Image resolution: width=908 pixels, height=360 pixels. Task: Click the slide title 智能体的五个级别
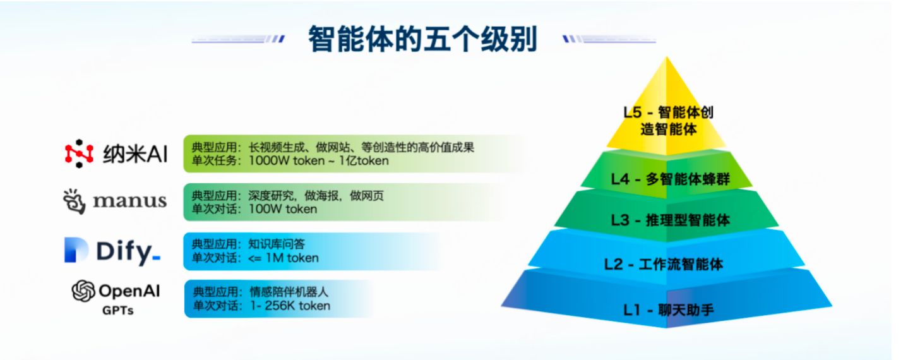(423, 39)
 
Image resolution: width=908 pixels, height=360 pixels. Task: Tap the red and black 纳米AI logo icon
(79, 153)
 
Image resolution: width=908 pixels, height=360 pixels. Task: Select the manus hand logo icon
(75, 201)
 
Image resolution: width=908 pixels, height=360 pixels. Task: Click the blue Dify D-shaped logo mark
(76, 250)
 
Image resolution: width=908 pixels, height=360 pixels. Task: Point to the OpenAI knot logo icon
(83, 291)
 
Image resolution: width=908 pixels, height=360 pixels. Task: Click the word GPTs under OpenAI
(117, 311)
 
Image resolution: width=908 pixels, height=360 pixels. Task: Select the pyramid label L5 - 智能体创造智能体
(669, 121)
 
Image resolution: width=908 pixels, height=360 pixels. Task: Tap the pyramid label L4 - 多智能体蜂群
(671, 179)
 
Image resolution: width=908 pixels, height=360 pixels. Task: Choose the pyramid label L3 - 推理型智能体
(671, 220)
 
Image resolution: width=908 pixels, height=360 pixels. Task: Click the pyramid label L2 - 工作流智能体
(664, 265)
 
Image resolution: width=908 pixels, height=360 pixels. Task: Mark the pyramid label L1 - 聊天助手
(669, 310)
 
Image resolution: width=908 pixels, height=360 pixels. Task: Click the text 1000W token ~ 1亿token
(319, 161)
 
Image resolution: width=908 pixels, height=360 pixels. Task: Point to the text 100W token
(283, 209)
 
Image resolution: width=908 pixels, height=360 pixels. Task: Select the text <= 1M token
(284, 258)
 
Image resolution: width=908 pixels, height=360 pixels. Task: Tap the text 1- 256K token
(290, 306)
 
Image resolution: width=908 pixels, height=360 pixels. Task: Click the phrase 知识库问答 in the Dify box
(277, 244)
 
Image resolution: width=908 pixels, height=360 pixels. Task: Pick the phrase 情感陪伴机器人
(289, 292)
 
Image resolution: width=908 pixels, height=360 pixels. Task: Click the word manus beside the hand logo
(129, 201)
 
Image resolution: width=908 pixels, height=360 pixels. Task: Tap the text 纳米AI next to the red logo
(135, 154)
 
